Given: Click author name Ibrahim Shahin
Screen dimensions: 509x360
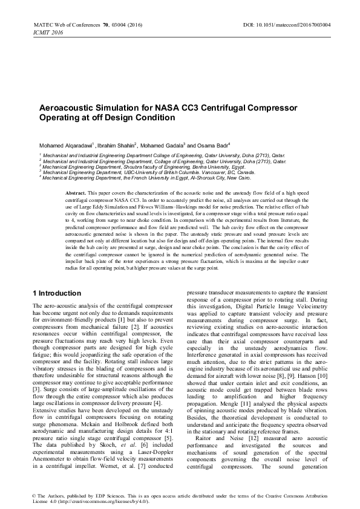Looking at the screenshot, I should (x=116, y=146).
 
